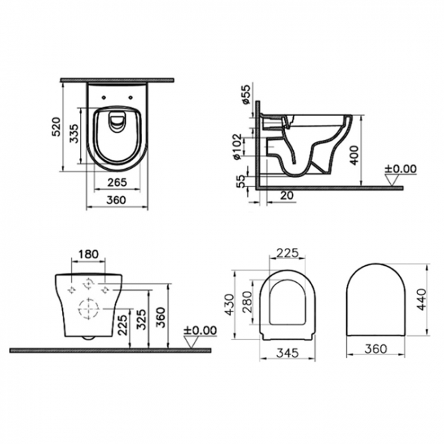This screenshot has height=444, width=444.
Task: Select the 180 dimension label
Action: [89, 254]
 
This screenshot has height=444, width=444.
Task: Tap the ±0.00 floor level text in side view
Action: [400, 169]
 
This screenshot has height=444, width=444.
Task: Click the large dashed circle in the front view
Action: [89, 309]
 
